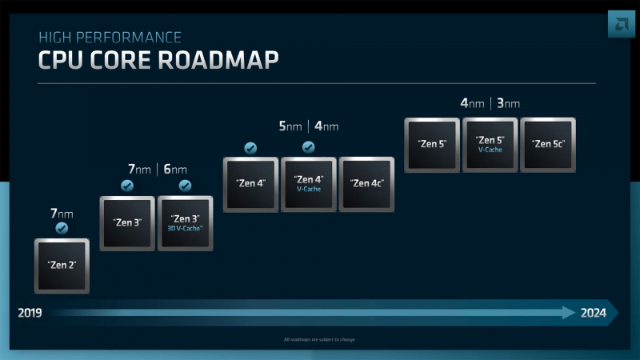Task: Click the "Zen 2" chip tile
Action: [62, 265]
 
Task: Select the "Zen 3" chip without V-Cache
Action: [127, 222]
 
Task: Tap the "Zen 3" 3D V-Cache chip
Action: [186, 222]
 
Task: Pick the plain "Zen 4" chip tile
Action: [250, 183]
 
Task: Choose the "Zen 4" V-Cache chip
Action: [308, 183]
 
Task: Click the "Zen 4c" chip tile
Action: [366, 183]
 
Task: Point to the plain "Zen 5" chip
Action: [432, 145]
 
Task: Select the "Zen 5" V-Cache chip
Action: [490, 145]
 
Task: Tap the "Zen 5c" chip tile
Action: [548, 145]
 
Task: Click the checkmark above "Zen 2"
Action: [62, 228]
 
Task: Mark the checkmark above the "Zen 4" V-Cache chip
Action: [308, 147]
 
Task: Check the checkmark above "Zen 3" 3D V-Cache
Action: [186, 186]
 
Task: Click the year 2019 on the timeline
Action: [30, 313]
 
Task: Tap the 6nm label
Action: [175, 169]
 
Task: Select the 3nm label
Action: [508, 103]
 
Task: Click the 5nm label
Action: [290, 126]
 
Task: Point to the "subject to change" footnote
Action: [320, 340]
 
